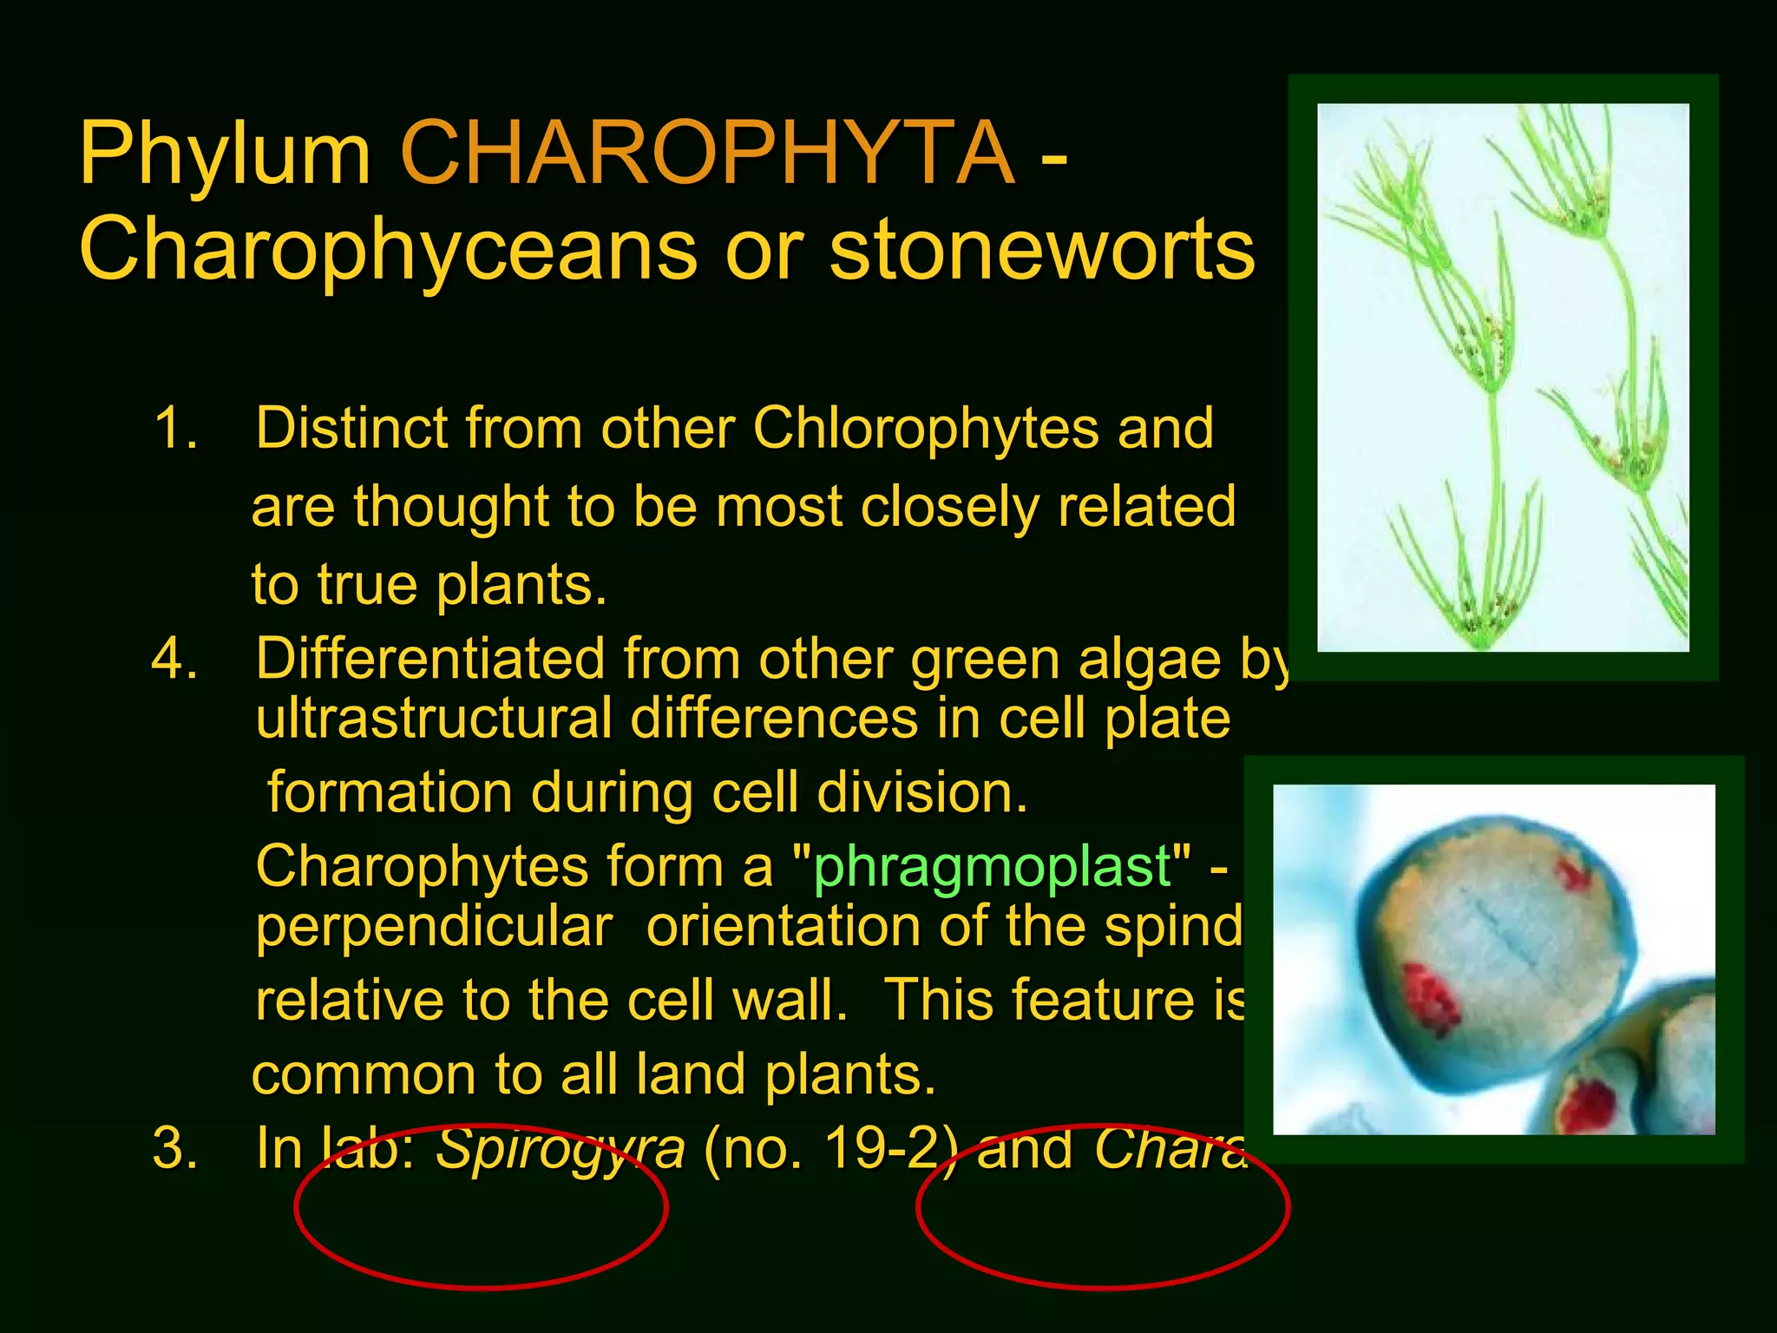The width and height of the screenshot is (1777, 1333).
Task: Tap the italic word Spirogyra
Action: click(x=560, y=1150)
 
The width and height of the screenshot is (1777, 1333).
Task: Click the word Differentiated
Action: click(x=429, y=659)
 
